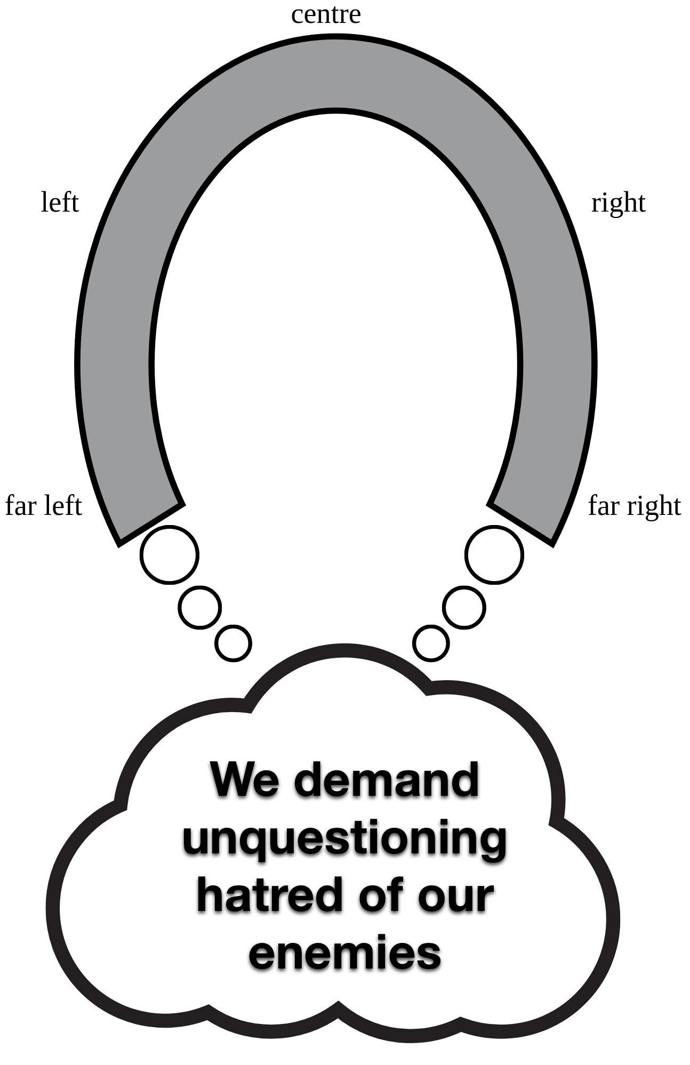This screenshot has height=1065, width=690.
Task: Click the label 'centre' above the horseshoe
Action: tap(326, 14)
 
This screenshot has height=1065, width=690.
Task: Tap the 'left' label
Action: tap(60, 203)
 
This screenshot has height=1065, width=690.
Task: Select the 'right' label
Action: tap(618, 203)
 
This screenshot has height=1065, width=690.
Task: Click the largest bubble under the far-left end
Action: tap(170, 554)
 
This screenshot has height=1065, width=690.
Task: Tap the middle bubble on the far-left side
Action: tap(199, 607)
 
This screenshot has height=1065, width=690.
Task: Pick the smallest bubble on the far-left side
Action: tap(233, 643)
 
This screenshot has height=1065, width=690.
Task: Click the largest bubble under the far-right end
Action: tap(494, 554)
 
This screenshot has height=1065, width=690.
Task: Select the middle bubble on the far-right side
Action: tap(464, 607)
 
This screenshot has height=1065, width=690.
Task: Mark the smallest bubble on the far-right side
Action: tap(431, 643)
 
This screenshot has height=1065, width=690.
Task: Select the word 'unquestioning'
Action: tap(344, 839)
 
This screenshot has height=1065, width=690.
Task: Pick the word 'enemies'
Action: tap(344, 954)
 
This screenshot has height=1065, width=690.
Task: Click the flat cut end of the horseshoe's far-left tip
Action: tap(151, 525)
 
